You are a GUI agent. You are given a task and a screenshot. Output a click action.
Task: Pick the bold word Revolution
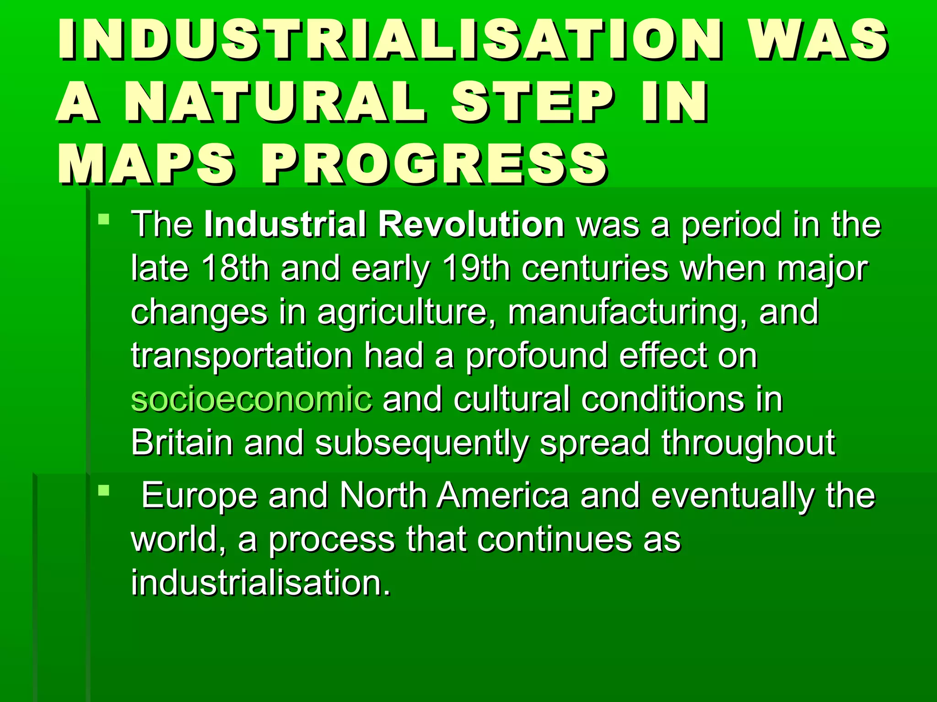tap(471, 224)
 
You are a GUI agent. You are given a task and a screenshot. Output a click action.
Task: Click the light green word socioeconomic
tap(251, 399)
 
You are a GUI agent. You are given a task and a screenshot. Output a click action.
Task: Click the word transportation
tap(242, 356)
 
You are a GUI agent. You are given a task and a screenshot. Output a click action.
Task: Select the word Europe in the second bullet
tap(199, 495)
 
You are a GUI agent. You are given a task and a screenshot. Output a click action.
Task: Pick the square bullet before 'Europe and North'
tap(104, 491)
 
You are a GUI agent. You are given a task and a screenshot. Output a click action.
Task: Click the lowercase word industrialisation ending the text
tap(261, 583)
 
